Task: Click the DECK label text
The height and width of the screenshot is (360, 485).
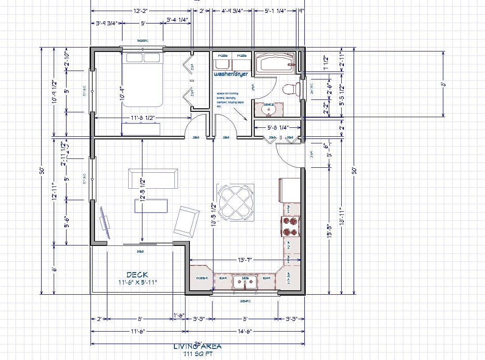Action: pyautogui.click(x=137, y=275)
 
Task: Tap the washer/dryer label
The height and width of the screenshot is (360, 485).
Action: pyautogui.click(x=231, y=74)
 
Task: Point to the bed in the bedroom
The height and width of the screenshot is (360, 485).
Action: pyautogui.click(x=143, y=80)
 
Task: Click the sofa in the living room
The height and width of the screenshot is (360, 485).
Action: pyautogui.click(x=153, y=178)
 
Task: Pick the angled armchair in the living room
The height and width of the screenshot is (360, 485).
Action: pyautogui.click(x=186, y=222)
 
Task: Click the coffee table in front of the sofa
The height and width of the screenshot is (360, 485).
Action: pyautogui.click(x=151, y=206)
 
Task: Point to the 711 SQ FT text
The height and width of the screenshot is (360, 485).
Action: pyautogui.click(x=197, y=354)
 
